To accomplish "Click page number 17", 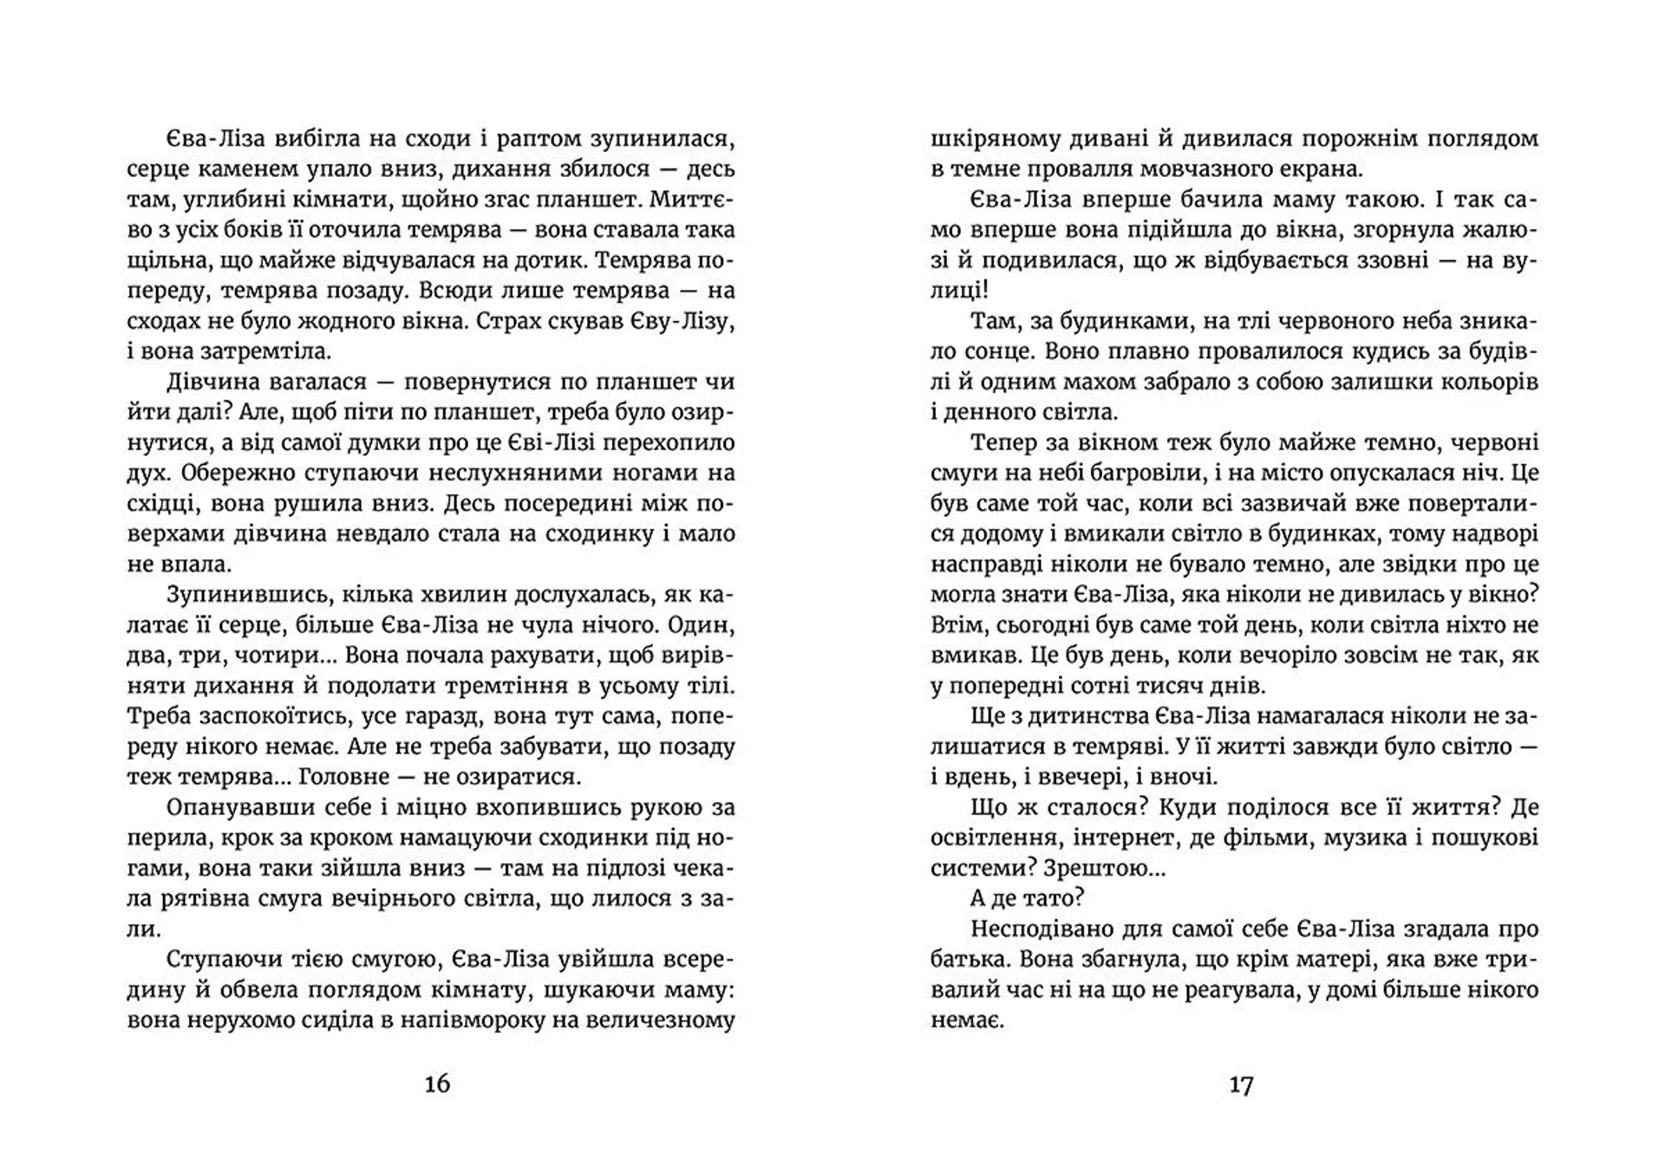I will (1241, 1084).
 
